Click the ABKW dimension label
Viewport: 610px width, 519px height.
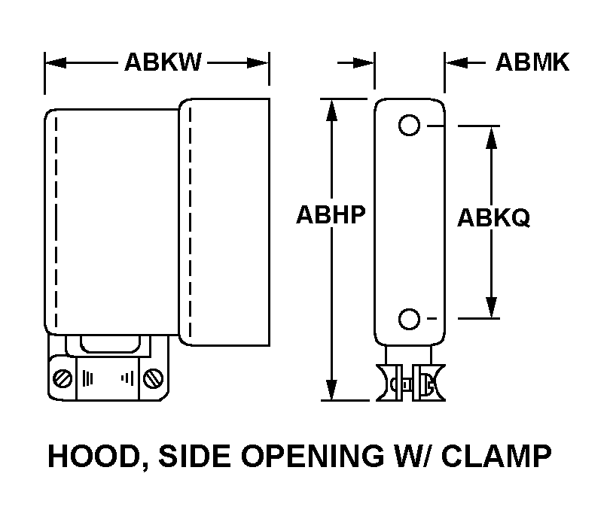click(163, 62)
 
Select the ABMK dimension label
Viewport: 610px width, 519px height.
click(532, 62)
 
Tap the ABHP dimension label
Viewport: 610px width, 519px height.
click(331, 216)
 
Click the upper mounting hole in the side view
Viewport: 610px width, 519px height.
click(409, 126)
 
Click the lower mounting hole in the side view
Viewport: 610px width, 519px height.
click(409, 320)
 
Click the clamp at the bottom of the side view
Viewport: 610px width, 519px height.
click(410, 380)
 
